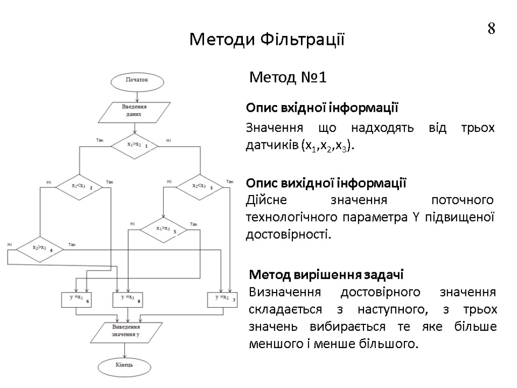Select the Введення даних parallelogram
click(134, 111)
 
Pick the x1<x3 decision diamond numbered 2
click(79, 186)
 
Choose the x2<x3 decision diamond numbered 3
click(201, 186)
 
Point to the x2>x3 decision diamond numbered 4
click(40, 249)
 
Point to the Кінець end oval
click(124, 365)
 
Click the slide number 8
click(491, 29)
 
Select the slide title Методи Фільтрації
click(267, 39)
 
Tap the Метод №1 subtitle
click(289, 78)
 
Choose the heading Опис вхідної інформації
click(322, 108)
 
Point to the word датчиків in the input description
click(271, 146)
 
